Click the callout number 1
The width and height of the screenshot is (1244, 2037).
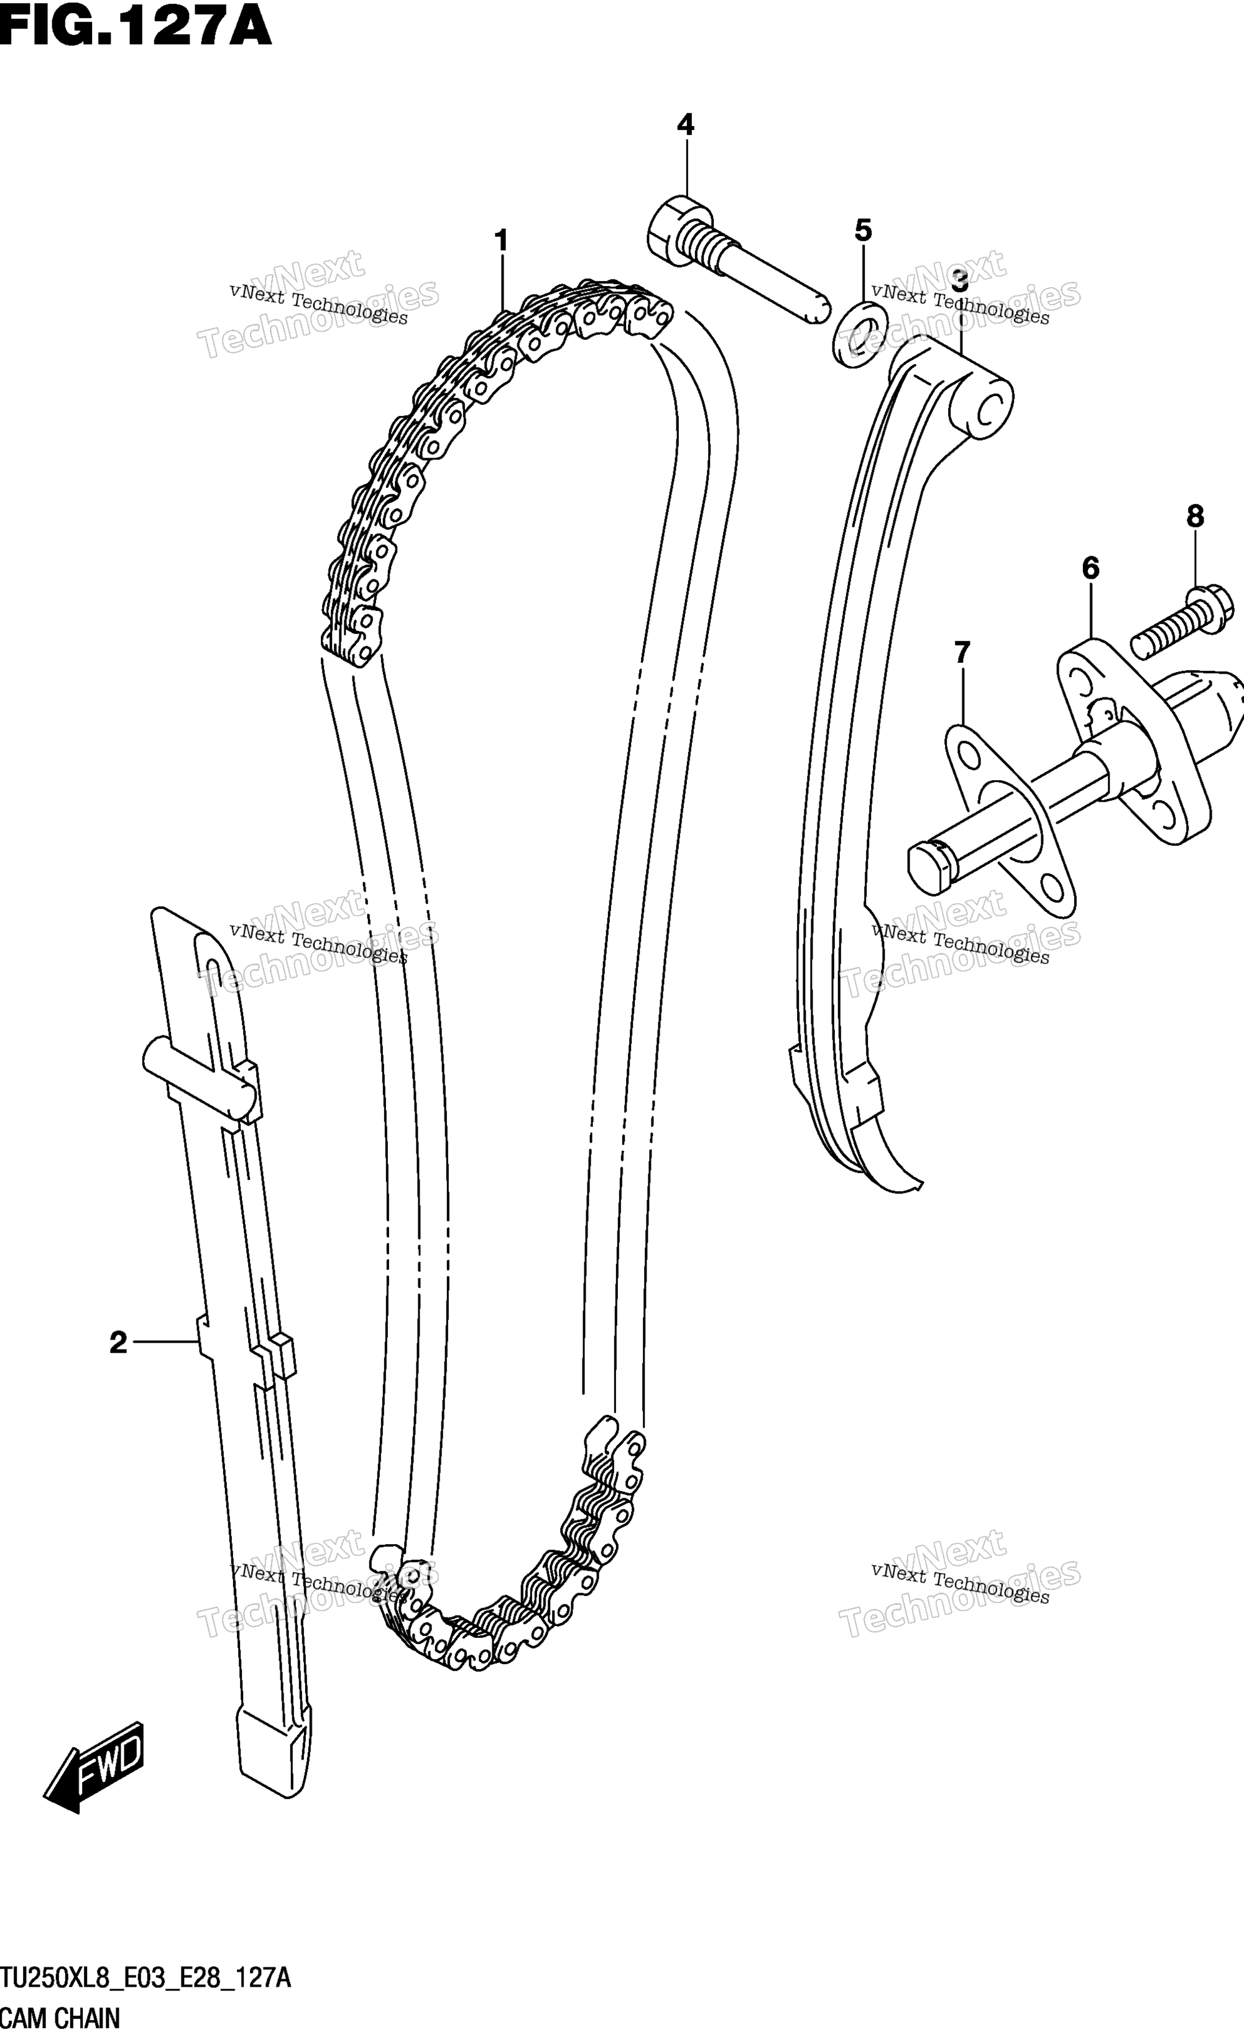pyautogui.click(x=501, y=241)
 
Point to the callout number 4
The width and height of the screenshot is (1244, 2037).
pyautogui.click(x=685, y=125)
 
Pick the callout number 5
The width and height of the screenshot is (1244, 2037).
pyautogui.click(x=863, y=231)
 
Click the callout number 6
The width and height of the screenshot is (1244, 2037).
pyautogui.click(x=1090, y=568)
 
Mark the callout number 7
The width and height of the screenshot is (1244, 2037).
pyautogui.click(x=961, y=653)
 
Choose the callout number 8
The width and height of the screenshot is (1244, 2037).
pyautogui.click(x=1196, y=517)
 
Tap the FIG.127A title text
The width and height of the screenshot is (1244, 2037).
pyautogui.click(x=136, y=27)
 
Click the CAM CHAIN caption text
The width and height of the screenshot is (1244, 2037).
pyautogui.click(x=60, y=2019)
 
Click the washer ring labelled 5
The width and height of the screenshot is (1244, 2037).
pyautogui.click(x=860, y=333)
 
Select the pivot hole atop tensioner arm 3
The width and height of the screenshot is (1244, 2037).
pyautogui.click(x=990, y=408)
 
